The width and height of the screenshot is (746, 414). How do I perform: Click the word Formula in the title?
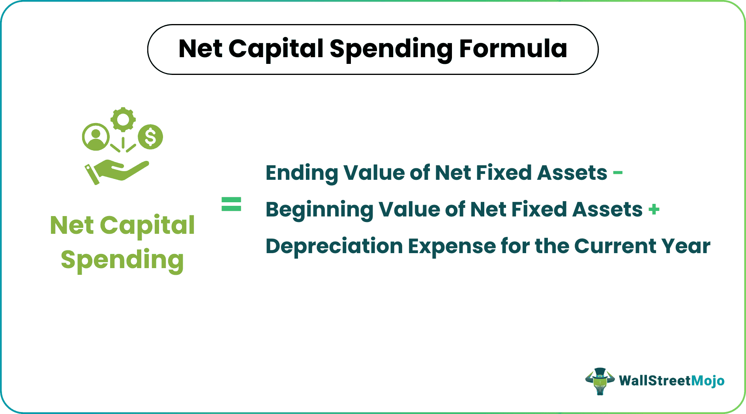click(513, 49)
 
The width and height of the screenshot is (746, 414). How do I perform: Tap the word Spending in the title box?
click(391, 50)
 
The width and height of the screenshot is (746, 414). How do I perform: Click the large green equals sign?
click(231, 204)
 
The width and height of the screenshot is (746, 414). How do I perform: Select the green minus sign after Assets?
click(618, 172)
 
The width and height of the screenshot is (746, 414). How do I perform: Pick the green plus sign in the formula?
click(654, 209)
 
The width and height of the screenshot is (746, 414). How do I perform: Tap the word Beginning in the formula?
click(319, 210)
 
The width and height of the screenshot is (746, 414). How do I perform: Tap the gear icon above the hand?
click(123, 119)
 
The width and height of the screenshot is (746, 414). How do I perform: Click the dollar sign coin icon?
click(150, 137)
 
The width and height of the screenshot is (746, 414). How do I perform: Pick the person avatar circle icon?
click(95, 137)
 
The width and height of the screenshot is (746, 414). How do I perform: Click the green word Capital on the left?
click(147, 226)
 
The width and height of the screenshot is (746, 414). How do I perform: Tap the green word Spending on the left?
click(122, 260)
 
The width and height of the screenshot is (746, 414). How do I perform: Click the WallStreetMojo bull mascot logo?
click(600, 381)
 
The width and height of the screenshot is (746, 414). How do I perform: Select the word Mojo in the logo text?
click(708, 380)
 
